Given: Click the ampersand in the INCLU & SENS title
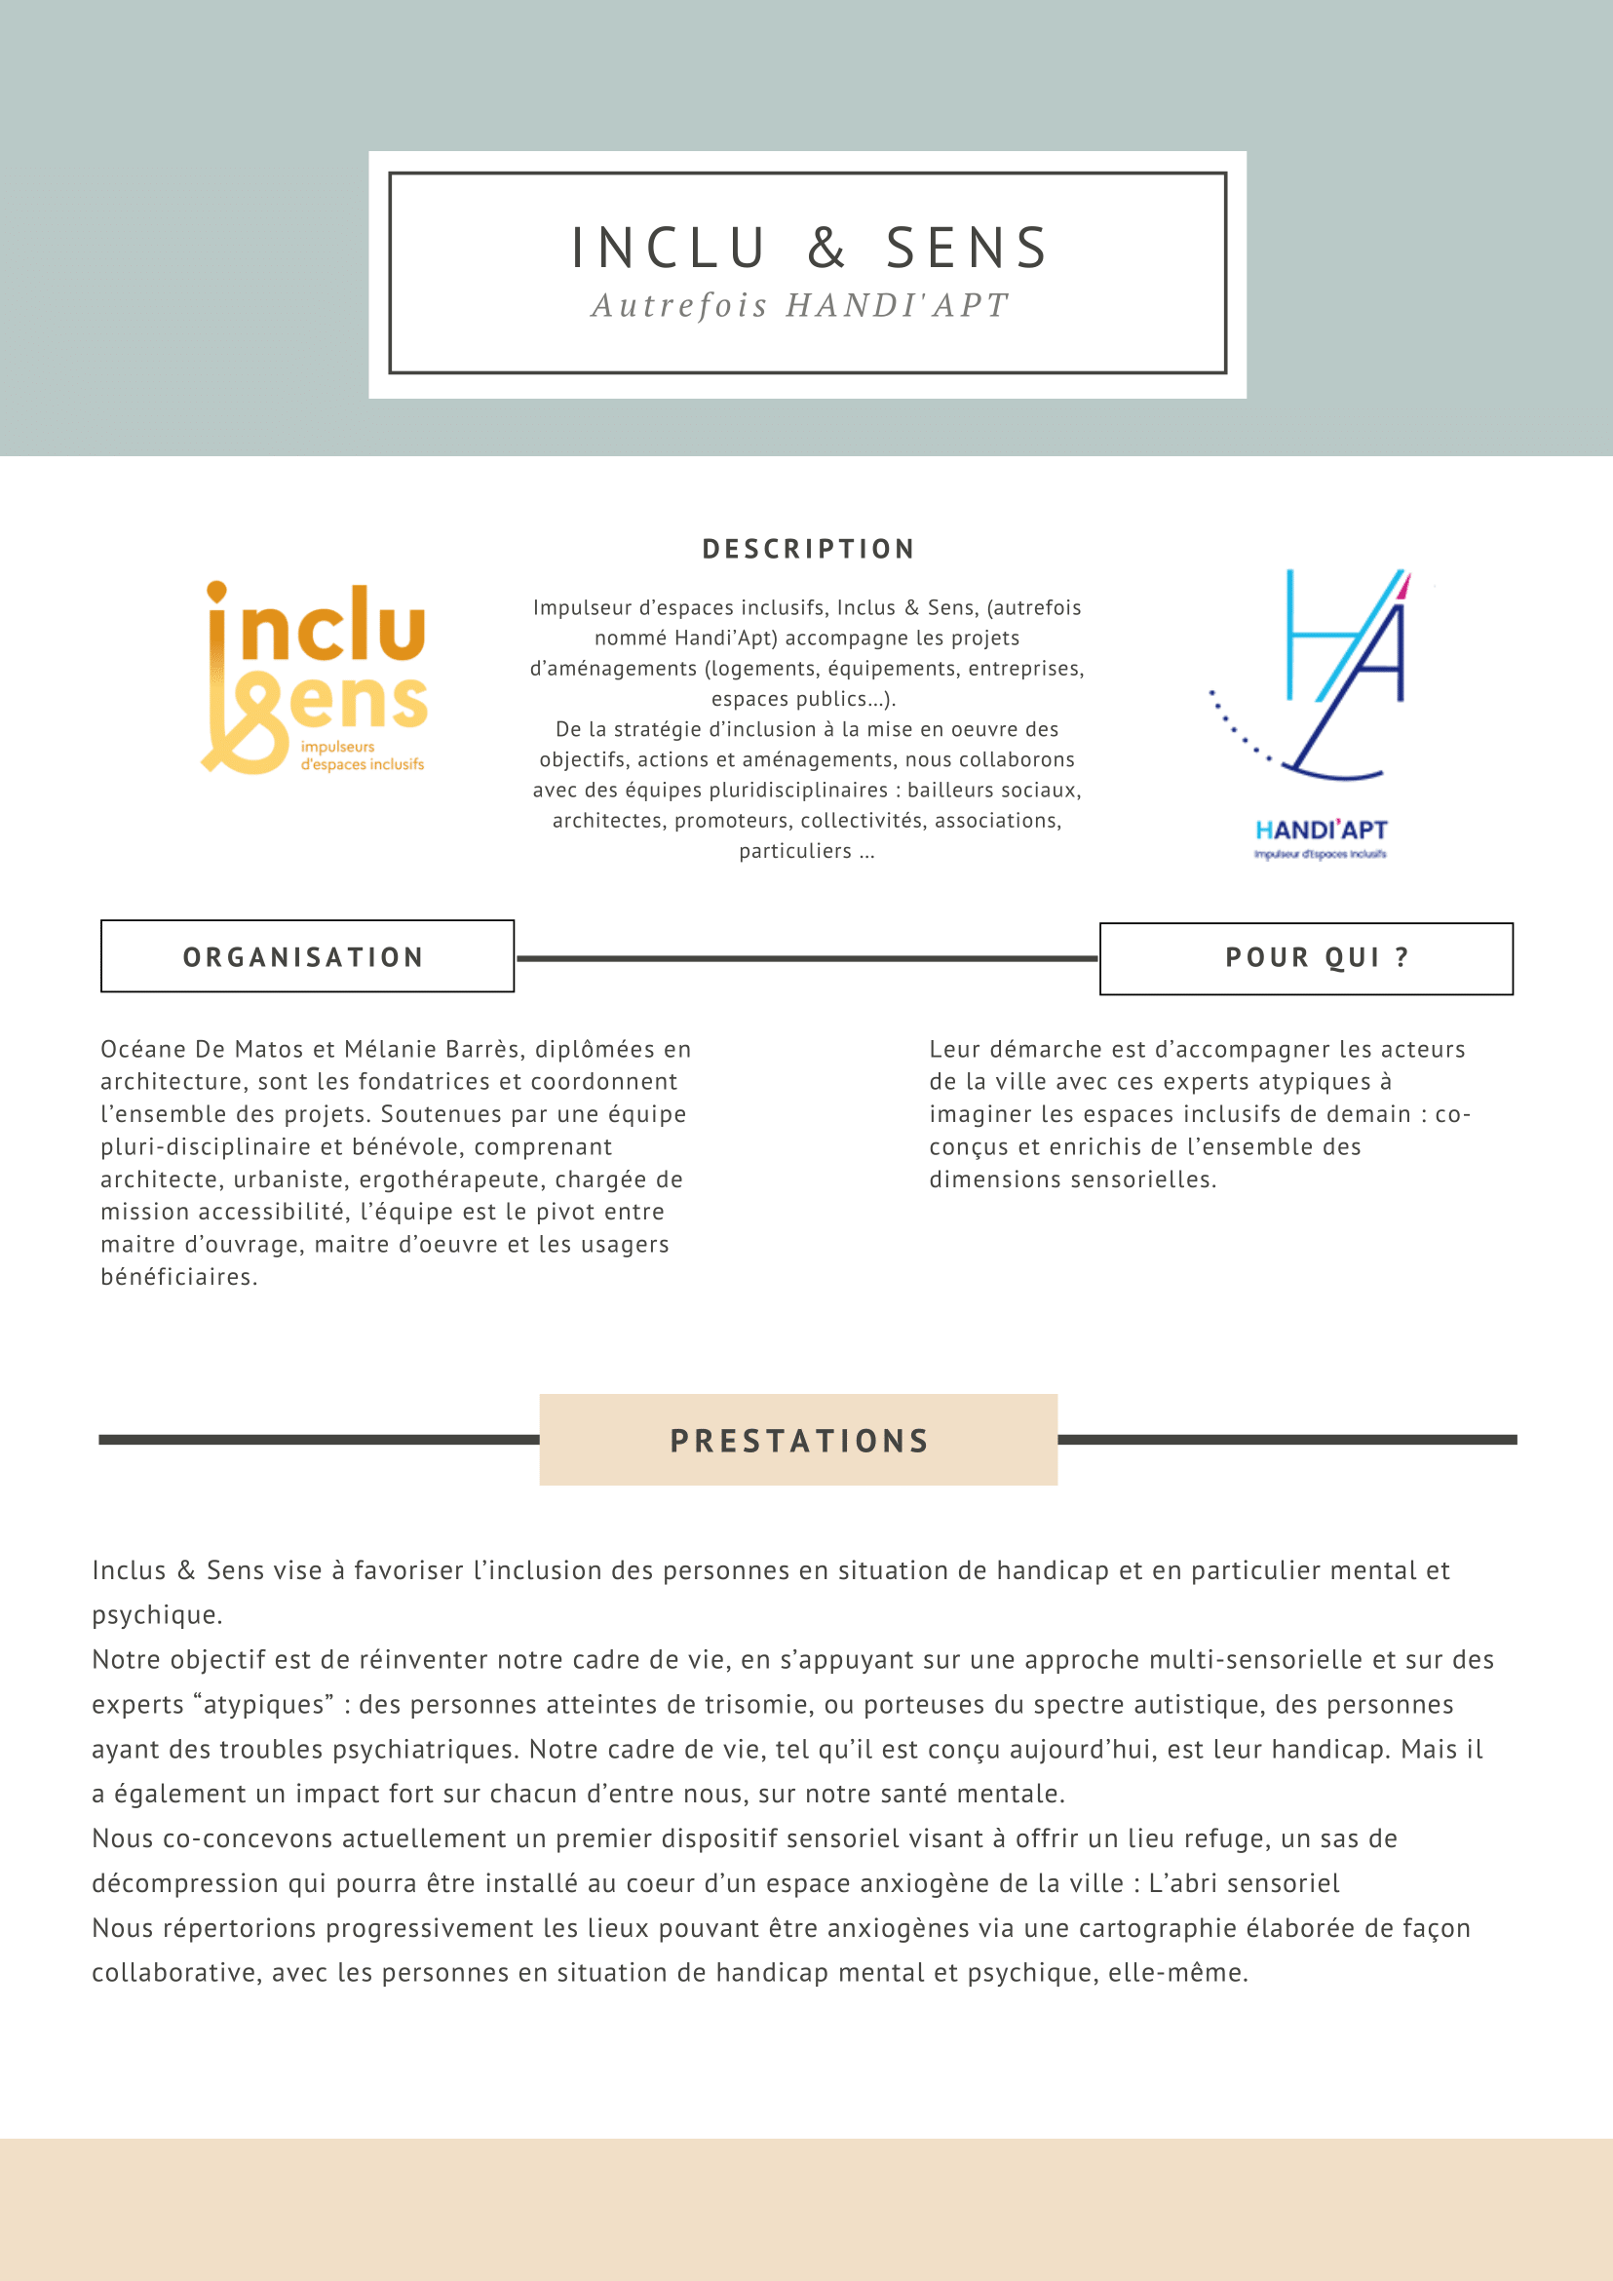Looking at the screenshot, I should pos(826,249).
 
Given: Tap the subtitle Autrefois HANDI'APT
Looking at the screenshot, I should pos(800,306).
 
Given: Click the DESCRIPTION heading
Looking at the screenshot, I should pos(809,550).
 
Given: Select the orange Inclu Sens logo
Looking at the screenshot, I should pos(316,677).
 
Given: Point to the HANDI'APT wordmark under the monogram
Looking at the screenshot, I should pos(1321,831).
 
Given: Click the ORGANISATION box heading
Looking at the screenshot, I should pos(304,957).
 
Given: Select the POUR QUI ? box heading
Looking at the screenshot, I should pos(1317,957).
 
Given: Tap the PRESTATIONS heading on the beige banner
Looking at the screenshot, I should pos(799,1442).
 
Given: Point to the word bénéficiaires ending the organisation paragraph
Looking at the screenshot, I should pos(178,1278).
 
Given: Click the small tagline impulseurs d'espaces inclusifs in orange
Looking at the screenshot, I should pos(362,756).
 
